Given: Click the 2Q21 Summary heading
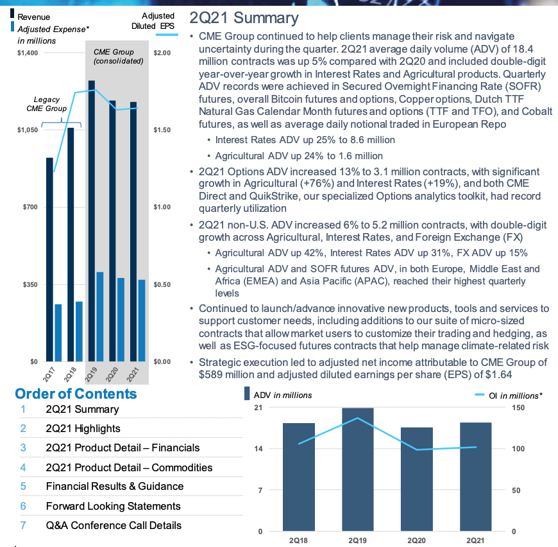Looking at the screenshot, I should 244,19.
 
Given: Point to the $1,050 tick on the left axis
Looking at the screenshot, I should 28,130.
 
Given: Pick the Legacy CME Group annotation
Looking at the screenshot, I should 51,105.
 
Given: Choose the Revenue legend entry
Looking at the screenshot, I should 33,16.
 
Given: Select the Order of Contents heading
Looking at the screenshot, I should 76,394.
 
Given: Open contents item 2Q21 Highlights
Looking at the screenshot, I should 83,428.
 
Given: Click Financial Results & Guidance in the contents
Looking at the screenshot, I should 114,487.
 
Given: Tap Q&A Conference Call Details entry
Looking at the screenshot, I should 114,525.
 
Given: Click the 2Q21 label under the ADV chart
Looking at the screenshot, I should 475,541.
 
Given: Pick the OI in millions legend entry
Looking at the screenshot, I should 511,395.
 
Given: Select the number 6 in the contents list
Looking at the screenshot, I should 22,506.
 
